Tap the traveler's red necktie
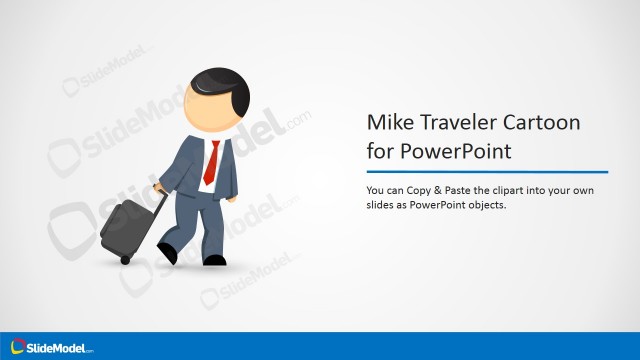tap(211, 162)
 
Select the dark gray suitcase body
tap(123, 226)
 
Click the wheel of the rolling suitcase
tap(125, 260)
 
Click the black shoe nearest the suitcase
tap(167, 253)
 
